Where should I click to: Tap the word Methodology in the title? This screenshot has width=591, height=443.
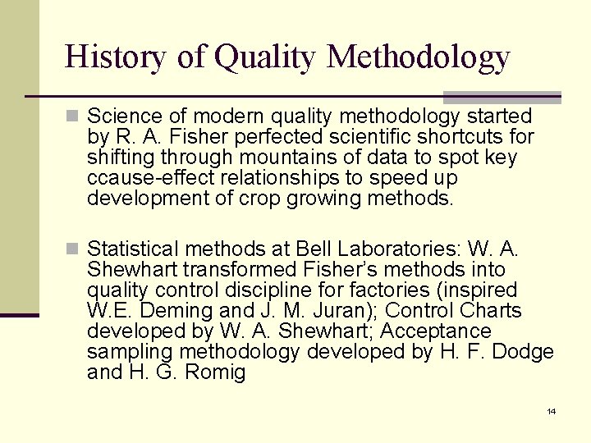418,57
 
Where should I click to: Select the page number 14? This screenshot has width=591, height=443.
551,411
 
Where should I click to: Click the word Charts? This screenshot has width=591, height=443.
491,311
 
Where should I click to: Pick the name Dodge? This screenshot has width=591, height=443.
526,352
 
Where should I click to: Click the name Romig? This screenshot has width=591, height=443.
217,372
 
